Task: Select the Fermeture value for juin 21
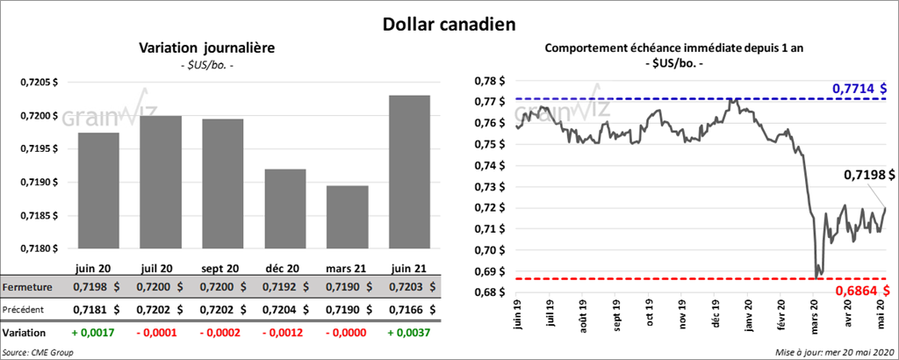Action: (x=409, y=287)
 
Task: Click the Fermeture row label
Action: (x=27, y=287)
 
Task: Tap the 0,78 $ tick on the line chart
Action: (x=491, y=81)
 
